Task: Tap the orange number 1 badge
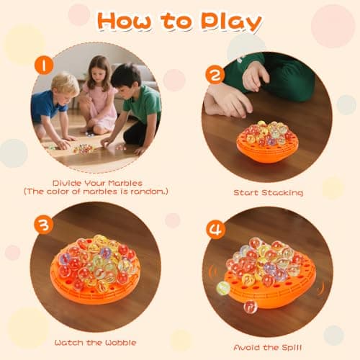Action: click(x=44, y=66)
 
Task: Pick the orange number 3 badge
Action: click(x=44, y=225)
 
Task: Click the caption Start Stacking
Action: click(x=268, y=193)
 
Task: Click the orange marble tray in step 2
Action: click(x=267, y=148)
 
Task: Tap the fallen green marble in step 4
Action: click(x=224, y=288)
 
